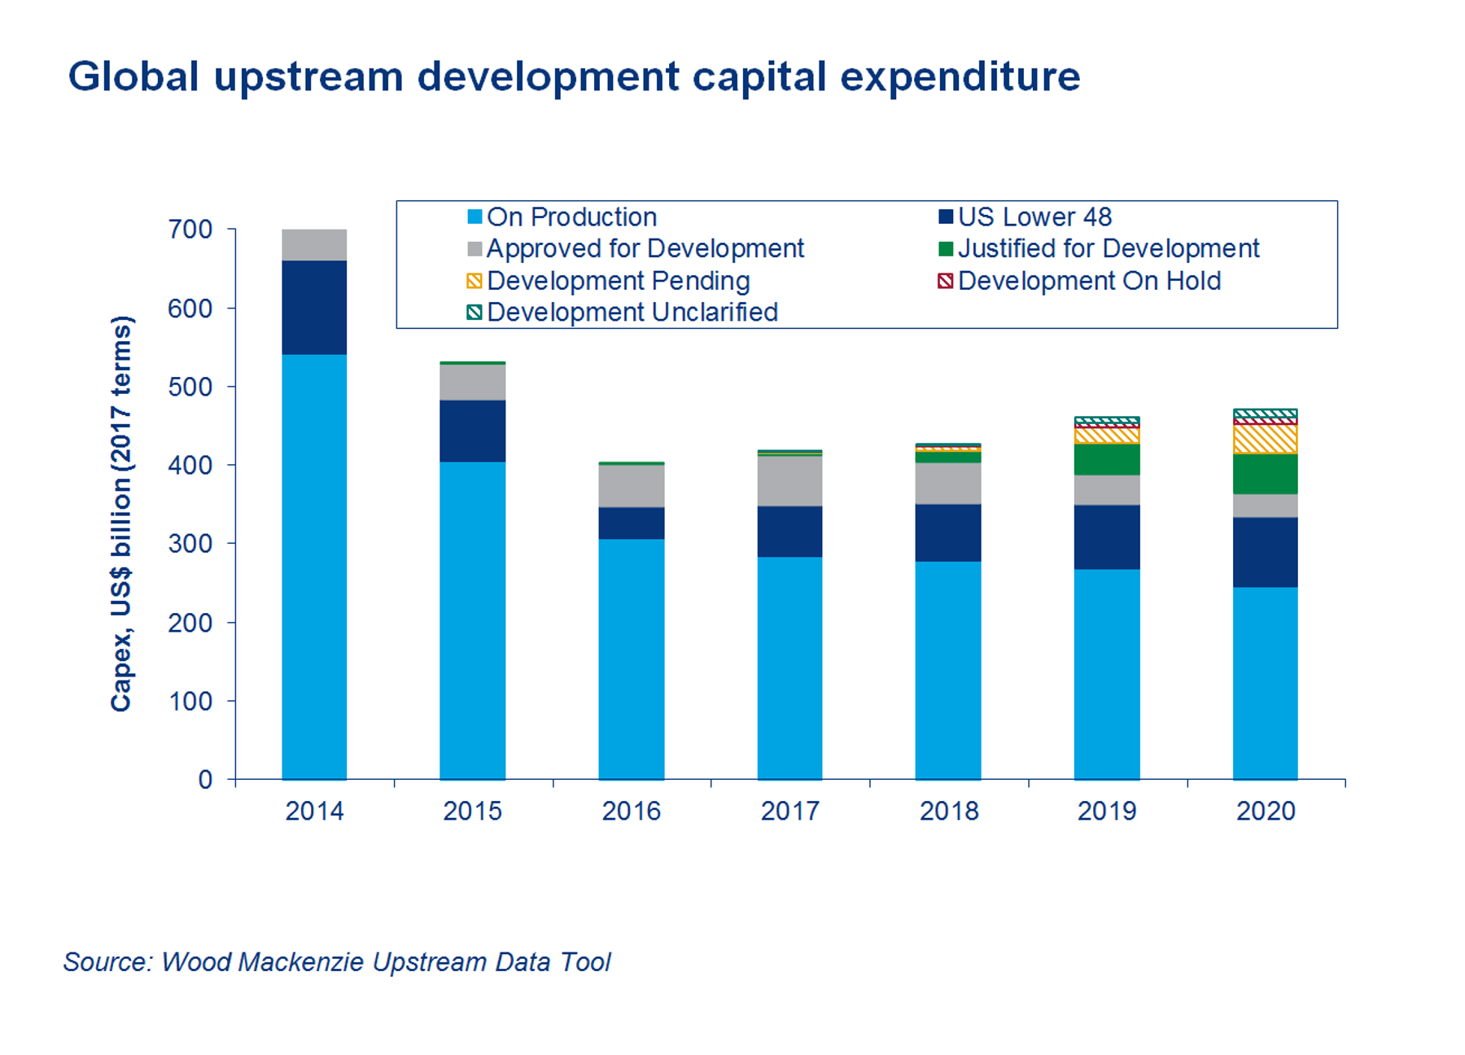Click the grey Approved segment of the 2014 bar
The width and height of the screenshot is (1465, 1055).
coord(314,245)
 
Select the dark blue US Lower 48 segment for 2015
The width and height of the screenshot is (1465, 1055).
coord(472,431)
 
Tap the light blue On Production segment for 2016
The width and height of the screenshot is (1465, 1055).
coord(631,659)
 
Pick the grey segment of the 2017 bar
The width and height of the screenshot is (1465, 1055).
coord(789,481)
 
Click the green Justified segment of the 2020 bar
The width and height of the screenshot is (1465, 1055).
coord(1265,474)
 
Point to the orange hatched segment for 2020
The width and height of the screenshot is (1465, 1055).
coord(1265,439)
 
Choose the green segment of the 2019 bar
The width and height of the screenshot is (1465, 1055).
coord(1106,459)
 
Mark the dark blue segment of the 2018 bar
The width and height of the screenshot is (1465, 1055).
coord(947,532)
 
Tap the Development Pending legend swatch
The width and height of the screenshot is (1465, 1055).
coord(474,282)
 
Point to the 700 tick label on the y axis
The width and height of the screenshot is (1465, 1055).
coord(190,230)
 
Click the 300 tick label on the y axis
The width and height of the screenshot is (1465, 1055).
coord(190,544)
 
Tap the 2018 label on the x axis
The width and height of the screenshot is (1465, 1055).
coord(948,812)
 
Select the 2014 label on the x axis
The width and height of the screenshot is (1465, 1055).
coord(314,812)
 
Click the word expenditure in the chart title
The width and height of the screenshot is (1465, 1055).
coord(960,77)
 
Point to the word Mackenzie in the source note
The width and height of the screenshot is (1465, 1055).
coord(302,962)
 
